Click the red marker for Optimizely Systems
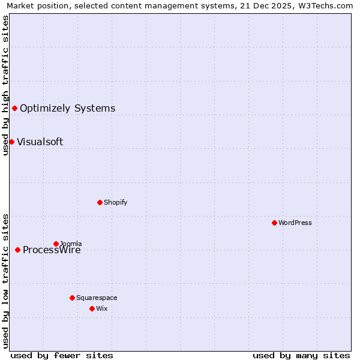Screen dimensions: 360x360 [x=15, y=108]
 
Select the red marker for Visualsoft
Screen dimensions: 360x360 [x=11, y=142]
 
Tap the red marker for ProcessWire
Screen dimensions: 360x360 [x=17, y=250]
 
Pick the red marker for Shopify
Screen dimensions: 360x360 [x=100, y=202]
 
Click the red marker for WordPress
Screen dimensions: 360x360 [x=274, y=223]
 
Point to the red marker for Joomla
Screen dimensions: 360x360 [x=56, y=244]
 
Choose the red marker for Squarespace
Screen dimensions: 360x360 [x=72, y=298]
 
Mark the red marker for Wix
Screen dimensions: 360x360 [x=92, y=308]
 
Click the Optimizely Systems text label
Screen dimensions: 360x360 [x=67, y=109]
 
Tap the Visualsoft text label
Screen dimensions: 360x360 [x=40, y=142]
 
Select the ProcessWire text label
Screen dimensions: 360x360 [x=52, y=250]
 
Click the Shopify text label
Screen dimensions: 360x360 [x=115, y=202]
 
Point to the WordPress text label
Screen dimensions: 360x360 [x=295, y=223]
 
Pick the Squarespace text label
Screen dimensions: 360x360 [x=97, y=298]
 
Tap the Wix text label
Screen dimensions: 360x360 [x=101, y=308]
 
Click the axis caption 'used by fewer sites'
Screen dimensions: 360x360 [x=62, y=355]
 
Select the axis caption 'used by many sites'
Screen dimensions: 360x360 [x=301, y=355]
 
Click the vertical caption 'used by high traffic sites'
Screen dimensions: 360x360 [x=5, y=85]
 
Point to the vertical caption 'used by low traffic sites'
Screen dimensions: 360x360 [x=5, y=281]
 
